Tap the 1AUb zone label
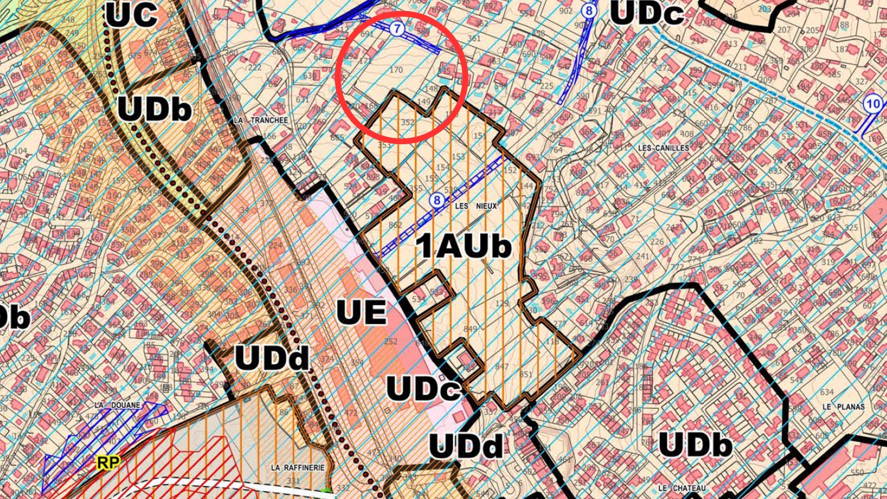point(464,246)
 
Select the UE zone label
point(361,312)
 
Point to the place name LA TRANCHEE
point(261,120)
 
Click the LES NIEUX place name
point(476,206)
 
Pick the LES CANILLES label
point(663,148)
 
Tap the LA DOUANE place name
point(117,405)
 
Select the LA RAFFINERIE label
point(298,468)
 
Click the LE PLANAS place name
point(843,407)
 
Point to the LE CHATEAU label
point(682,488)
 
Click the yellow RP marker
point(109,462)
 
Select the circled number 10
point(873,103)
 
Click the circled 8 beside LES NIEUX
point(437,201)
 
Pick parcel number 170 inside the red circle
point(396,70)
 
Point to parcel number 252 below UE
point(390,341)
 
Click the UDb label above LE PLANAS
point(695,444)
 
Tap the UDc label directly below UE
point(423,388)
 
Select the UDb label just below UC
point(154,110)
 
